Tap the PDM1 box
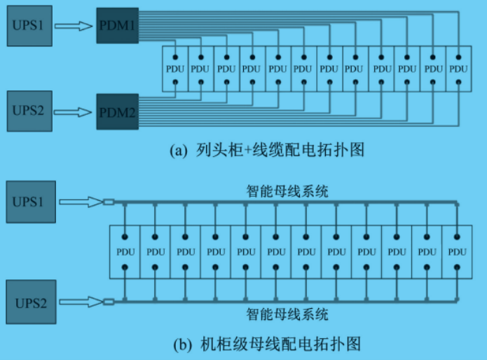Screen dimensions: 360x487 tap(117, 27)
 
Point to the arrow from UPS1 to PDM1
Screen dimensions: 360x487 tap(74, 27)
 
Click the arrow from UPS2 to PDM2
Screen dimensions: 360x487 tap(74, 111)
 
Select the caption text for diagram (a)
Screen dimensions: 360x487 tap(268, 150)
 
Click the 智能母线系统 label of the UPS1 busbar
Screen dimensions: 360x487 tap(287, 190)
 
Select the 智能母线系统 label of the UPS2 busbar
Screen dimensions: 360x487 tap(287, 314)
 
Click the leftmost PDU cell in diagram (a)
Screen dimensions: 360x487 tap(174, 69)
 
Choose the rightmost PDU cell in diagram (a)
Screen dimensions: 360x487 tap(458, 69)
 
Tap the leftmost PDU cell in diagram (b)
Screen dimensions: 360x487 tap(124, 251)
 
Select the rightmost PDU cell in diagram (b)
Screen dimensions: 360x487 tap(457, 251)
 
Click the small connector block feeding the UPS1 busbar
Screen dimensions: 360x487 tap(109, 202)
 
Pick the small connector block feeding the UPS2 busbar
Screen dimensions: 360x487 tap(109, 302)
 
